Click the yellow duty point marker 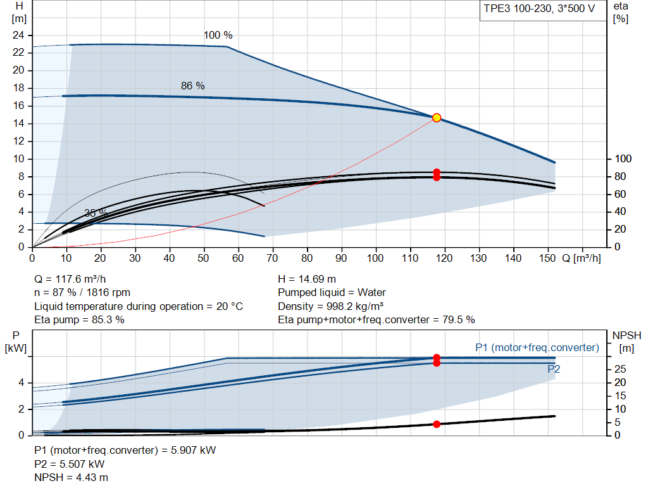point(437,118)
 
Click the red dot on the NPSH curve point(437,424)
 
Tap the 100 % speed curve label point(218,35)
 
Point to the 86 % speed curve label point(192,86)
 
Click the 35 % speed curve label point(96,213)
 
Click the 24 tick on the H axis point(18,35)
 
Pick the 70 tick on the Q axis point(272,258)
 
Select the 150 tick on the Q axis point(547,258)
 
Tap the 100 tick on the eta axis point(623,159)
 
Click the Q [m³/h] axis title point(582,258)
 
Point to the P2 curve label point(554,369)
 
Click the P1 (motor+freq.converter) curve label point(537,348)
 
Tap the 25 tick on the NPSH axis point(620,369)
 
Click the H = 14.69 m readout point(307,280)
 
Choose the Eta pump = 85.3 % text point(79,320)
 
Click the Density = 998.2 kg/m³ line point(330,306)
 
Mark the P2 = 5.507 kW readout point(70,464)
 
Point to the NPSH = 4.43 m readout point(71,478)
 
